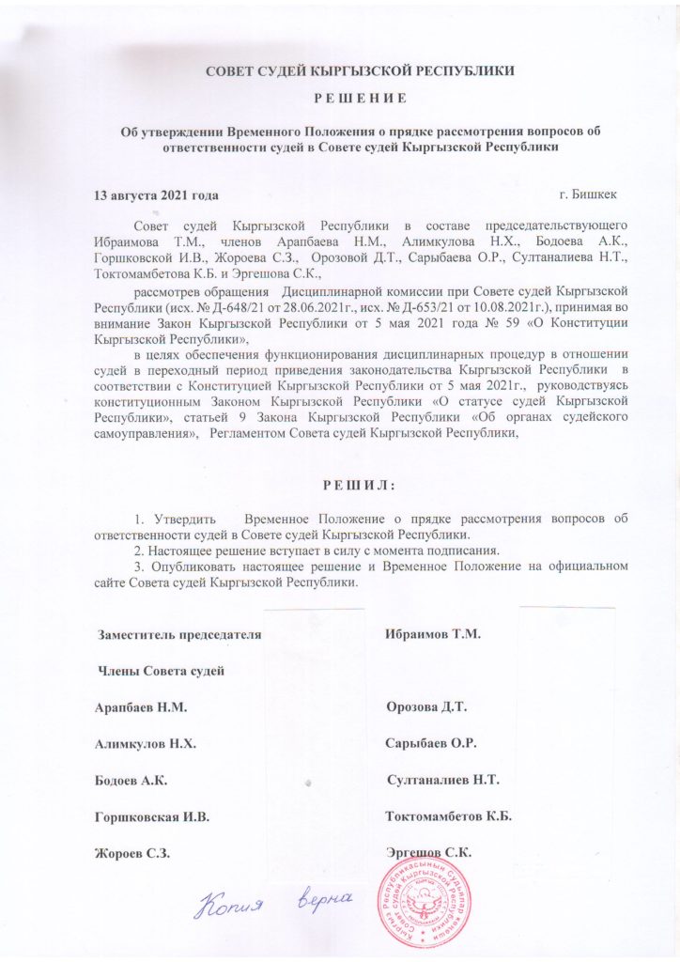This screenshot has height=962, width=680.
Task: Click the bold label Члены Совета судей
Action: (162, 670)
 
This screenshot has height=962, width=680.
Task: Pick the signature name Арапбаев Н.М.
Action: (147, 706)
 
